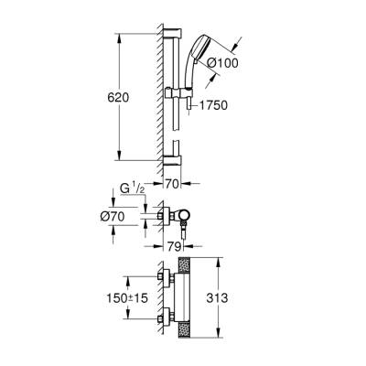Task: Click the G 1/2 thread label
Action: click(x=133, y=188)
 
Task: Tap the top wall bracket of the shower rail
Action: click(x=175, y=42)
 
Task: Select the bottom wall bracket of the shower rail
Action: click(x=175, y=159)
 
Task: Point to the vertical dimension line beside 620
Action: click(x=120, y=96)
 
